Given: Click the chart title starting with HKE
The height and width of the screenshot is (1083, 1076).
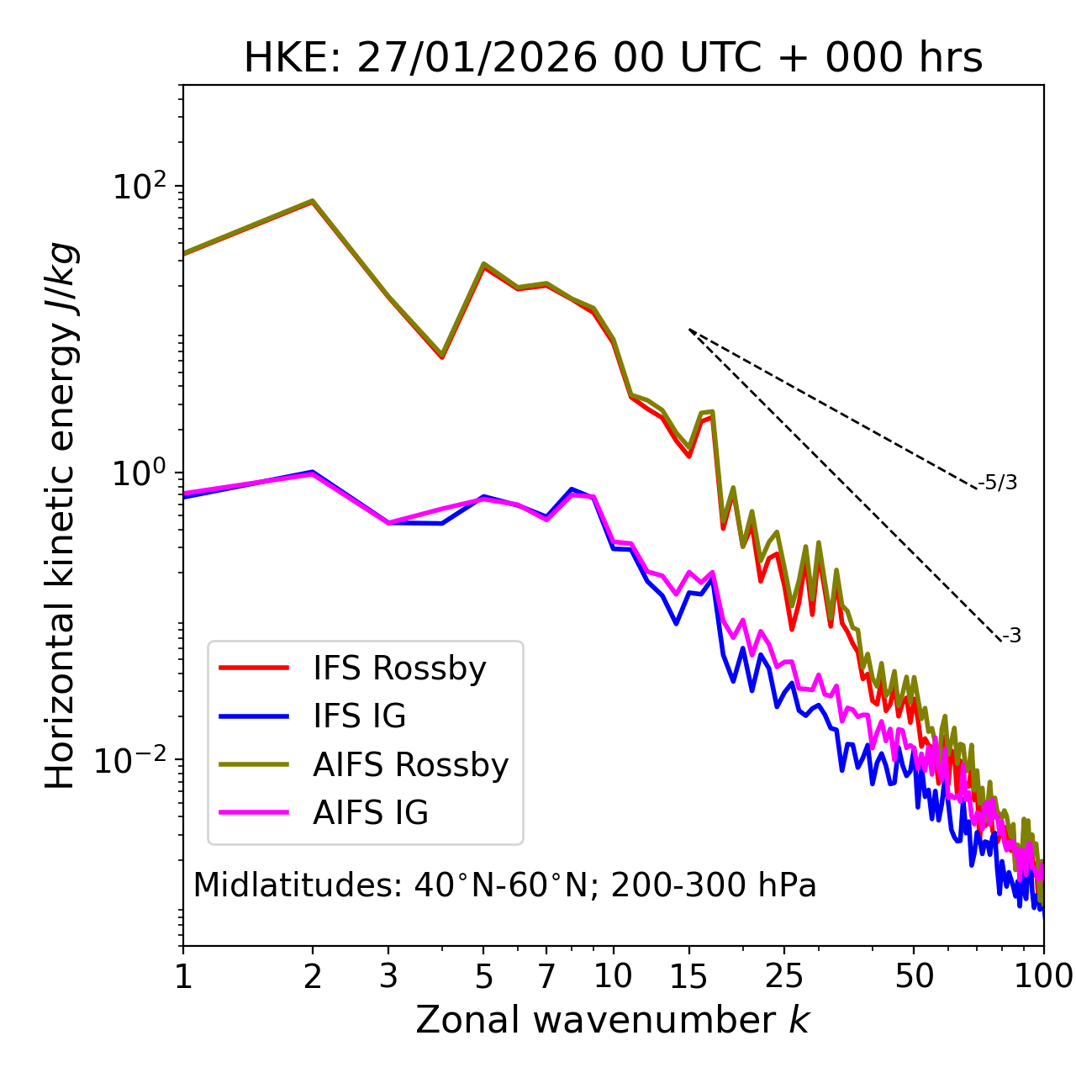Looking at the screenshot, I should tap(613, 59).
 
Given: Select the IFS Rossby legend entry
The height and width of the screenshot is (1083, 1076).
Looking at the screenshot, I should tap(399, 668).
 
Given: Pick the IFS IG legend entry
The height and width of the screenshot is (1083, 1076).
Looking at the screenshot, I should tap(359, 716).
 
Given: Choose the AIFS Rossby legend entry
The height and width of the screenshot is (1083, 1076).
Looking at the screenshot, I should tap(410, 765).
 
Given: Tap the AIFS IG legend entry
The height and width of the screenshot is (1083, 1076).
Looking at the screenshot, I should tap(370, 813).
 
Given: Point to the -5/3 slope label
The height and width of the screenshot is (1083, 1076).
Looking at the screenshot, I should tap(998, 483).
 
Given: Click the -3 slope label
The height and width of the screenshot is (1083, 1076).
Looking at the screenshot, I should tap(1011, 637).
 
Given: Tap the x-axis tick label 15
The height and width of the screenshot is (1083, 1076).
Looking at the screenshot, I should tap(688, 976).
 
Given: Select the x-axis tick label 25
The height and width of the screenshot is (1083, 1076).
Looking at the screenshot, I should tap(784, 976).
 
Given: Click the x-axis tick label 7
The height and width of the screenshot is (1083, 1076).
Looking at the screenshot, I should tap(546, 976).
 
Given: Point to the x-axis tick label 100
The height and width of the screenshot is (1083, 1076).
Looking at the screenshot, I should tap(1043, 976).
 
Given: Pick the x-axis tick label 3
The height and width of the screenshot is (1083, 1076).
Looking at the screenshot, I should tap(388, 976).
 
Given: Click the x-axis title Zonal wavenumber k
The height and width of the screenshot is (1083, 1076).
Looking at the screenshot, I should tap(613, 1020).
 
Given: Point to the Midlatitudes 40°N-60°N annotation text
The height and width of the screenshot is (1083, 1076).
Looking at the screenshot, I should tap(504, 885).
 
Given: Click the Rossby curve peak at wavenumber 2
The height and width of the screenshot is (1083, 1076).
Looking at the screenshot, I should tap(313, 202).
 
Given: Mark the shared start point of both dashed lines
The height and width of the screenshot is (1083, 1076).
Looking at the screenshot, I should tap(689, 330).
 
